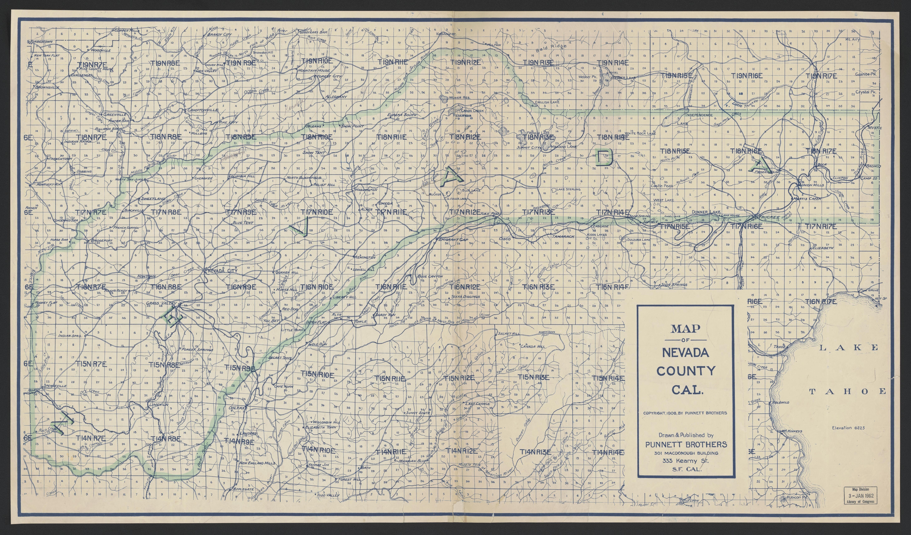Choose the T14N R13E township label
[536, 452]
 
